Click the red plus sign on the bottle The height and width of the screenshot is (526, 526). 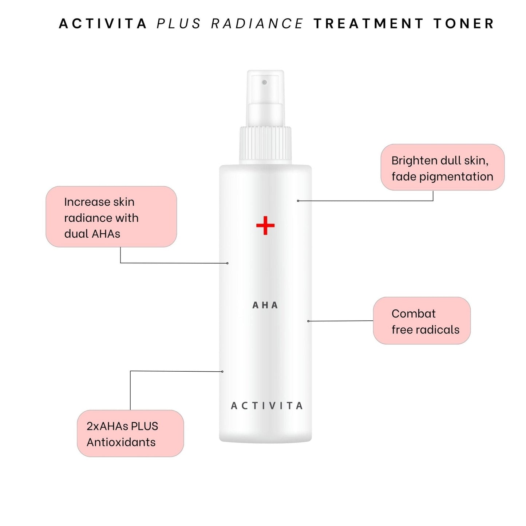(265, 225)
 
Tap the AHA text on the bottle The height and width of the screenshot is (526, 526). (265, 305)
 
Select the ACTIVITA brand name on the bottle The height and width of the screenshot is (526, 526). (267, 406)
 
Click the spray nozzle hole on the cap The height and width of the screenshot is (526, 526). (264, 82)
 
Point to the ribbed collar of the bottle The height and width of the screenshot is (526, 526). (265, 146)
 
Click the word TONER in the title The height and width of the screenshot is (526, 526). (464, 23)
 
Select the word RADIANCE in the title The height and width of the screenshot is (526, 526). (257, 23)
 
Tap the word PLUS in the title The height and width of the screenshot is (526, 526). (179, 23)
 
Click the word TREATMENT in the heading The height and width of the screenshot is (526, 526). (368, 23)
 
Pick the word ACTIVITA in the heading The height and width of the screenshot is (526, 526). (103, 23)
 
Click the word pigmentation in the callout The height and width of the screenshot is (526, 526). (456, 177)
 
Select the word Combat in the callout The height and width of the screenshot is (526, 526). (414, 314)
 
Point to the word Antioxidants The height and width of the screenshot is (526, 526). (121, 442)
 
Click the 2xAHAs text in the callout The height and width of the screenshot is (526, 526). (107, 426)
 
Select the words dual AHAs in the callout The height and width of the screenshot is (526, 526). (92, 234)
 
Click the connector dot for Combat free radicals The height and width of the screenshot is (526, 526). (308, 321)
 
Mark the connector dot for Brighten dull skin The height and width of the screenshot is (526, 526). (298, 201)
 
